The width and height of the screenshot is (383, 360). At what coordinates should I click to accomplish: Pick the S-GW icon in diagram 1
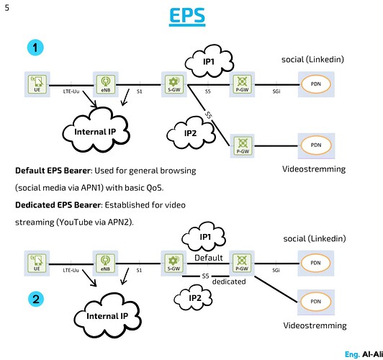click(172, 84)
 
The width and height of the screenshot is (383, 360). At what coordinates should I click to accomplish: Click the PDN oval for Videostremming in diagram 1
click(315, 145)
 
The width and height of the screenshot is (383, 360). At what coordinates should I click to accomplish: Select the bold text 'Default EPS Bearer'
click(56, 171)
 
